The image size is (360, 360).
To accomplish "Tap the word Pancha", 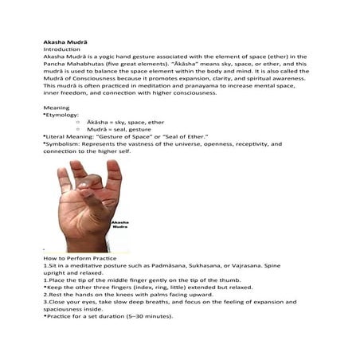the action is (55, 65).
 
